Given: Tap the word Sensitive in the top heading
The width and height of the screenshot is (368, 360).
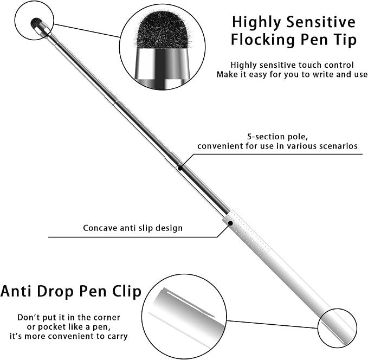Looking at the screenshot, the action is [321, 22].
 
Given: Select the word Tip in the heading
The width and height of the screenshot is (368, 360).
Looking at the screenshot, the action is [345, 40].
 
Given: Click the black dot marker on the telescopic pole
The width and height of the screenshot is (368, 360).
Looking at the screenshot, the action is [180, 168].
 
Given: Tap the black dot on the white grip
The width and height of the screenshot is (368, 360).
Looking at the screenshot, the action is [230, 223].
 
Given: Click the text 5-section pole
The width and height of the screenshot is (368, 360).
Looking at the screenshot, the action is [277, 137].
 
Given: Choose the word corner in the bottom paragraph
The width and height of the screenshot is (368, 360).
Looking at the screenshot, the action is [106, 318].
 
